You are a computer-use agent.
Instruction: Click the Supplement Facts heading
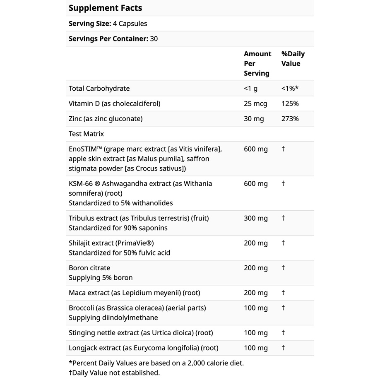(105, 8)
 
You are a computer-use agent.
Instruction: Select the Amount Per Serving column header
(257, 63)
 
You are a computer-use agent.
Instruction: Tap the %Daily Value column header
(293, 59)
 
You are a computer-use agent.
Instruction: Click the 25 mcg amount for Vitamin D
(255, 103)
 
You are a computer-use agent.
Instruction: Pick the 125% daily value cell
(290, 103)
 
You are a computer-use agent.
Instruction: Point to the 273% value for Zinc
(290, 119)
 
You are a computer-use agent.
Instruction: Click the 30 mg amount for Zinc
(254, 119)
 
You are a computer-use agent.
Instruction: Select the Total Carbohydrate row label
(99, 88)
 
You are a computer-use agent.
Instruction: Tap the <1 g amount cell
(250, 88)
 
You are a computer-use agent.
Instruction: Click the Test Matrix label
(86, 134)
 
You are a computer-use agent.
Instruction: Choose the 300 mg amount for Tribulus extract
(255, 218)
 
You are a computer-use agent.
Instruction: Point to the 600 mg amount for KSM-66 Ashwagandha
(255, 183)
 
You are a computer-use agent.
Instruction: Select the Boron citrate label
(89, 268)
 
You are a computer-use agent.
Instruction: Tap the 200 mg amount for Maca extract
(255, 293)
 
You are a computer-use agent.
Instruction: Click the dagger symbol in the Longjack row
(283, 348)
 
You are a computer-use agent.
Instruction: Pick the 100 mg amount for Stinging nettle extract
(255, 333)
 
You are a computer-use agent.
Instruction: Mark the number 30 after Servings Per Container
(154, 39)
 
